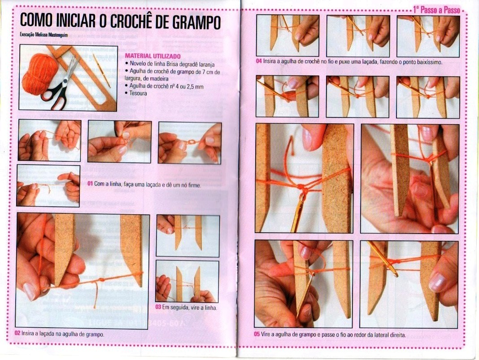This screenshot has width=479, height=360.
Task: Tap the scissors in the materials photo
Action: [60, 83]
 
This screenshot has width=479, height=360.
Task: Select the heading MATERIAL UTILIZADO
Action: [153, 56]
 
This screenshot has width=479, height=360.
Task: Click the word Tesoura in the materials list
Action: [138, 93]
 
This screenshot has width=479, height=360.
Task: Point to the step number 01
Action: [90, 184]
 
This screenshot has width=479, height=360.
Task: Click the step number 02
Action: [17, 334]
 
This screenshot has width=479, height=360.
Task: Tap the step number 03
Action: [158, 307]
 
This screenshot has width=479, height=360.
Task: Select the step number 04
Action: [259, 61]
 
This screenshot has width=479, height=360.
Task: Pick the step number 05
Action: [257, 334]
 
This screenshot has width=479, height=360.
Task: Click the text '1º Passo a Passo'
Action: [436, 10]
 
